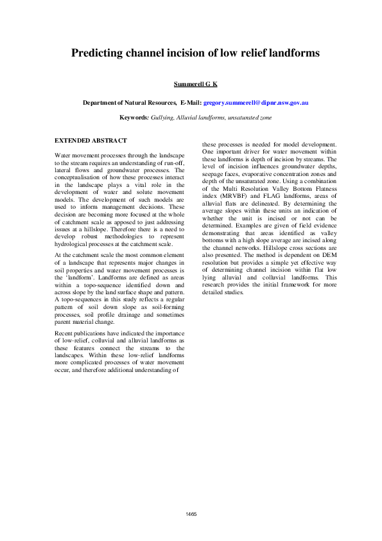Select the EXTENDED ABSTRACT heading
pos(91,140)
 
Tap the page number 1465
pos(191,514)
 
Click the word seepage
pos(215,174)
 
